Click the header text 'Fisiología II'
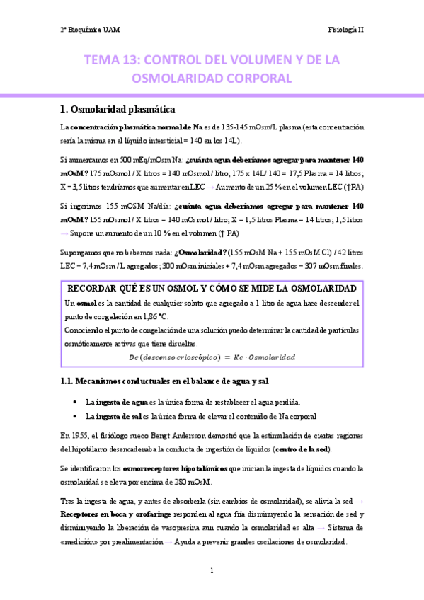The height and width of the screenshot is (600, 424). [x=345, y=30]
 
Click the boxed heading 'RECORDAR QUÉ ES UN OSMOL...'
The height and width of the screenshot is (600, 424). [x=211, y=289]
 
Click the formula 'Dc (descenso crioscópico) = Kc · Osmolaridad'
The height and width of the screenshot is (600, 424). [x=212, y=357]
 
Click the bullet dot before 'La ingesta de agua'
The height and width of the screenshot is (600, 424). [x=75, y=402]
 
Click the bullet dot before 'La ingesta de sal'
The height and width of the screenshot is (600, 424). [x=75, y=415]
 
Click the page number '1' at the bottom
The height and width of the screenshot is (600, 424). [x=212, y=570]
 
